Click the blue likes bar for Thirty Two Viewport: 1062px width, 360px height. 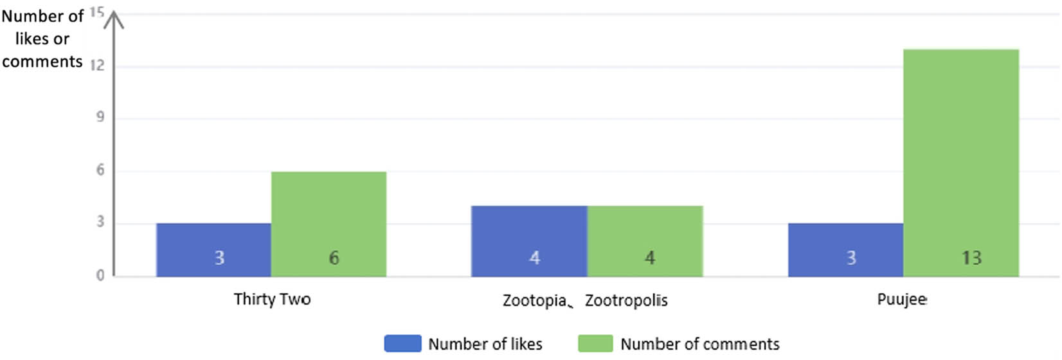(x=213, y=249)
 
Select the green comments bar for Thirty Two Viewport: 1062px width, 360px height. (x=328, y=224)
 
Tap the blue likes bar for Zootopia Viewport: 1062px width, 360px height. (x=529, y=240)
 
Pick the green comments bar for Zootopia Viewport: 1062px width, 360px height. (x=645, y=240)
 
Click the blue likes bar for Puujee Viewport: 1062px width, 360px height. (x=845, y=249)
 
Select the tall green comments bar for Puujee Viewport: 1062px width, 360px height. (x=961, y=163)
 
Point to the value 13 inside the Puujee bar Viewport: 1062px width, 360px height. (x=971, y=258)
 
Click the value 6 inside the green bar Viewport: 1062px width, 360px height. (x=334, y=258)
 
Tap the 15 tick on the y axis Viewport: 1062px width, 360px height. (x=96, y=12)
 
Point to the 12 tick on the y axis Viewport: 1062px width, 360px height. (x=97, y=66)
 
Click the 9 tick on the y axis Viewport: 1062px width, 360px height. (x=100, y=118)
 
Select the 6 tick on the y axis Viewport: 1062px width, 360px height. (x=100, y=170)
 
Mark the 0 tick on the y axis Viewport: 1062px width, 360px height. (x=100, y=275)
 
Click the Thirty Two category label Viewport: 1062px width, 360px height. (x=272, y=299)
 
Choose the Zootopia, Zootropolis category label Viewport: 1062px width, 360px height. (x=585, y=300)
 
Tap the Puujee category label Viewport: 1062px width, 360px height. (x=902, y=299)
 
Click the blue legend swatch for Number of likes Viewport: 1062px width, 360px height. (x=402, y=343)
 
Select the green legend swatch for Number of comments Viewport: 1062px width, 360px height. (x=595, y=343)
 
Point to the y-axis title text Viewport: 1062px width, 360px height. (x=42, y=39)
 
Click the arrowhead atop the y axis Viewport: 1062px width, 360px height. (x=114, y=18)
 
